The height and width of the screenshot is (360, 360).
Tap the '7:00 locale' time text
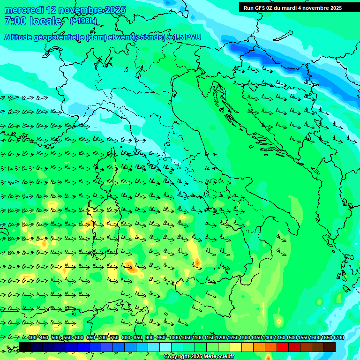[33, 21]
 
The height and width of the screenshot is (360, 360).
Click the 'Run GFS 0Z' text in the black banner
[258, 8]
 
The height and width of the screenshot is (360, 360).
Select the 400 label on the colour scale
[32, 338]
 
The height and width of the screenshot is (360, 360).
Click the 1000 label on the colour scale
[174, 338]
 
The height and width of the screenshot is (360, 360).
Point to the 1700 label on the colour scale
[338, 338]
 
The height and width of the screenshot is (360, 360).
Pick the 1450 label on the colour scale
[279, 338]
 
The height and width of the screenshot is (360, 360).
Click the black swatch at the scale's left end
[25, 347]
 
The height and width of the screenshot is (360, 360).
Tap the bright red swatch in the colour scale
[283, 347]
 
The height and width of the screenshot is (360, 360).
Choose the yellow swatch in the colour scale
[236, 347]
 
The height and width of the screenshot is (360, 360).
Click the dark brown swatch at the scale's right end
[330, 347]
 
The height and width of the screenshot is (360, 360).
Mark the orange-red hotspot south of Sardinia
[131, 269]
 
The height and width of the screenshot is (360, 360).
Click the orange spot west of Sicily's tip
[197, 262]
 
